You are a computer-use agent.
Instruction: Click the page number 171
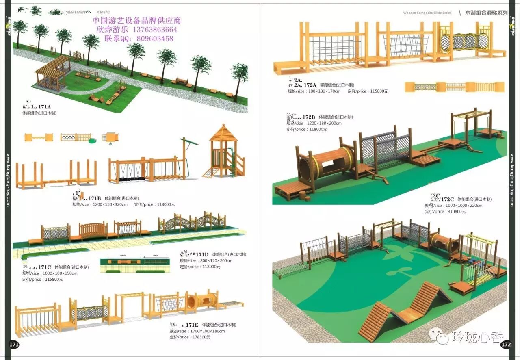14,345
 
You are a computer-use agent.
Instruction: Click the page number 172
506,345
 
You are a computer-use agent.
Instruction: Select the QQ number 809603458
156,39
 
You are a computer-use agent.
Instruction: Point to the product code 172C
447,199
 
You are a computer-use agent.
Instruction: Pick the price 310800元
456,212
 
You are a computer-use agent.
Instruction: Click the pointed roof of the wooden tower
223,132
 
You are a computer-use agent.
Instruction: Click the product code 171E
192,325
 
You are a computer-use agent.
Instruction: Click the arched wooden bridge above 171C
93,230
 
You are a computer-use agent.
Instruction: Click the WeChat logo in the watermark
438,336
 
